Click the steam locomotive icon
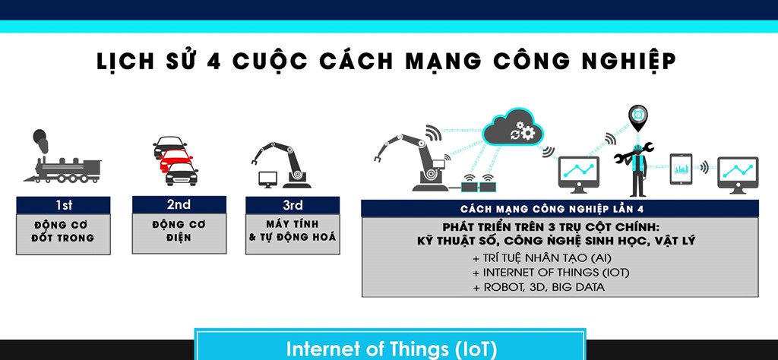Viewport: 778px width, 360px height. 62,161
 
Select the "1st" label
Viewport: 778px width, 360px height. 64,205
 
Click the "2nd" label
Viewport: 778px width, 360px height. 179,205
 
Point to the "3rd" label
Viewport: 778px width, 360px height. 293,205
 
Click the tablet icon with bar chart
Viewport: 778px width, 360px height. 681,168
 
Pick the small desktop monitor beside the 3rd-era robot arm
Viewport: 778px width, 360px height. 267,179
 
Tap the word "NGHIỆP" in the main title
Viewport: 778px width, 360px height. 624,62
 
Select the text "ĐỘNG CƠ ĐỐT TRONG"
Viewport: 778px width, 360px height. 64,232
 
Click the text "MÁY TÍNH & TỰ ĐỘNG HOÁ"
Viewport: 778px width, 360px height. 293,232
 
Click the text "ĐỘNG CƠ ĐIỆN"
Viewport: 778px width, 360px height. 179,232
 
